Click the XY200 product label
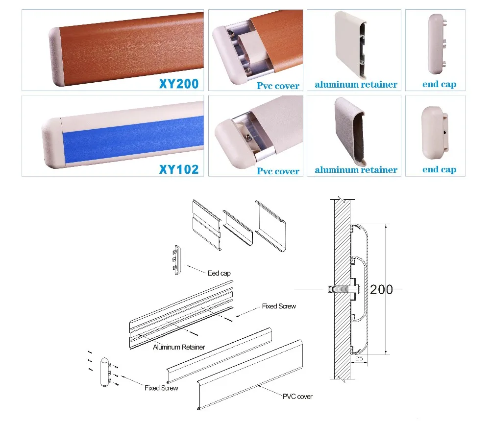179,84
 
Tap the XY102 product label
179,169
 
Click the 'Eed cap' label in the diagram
219,274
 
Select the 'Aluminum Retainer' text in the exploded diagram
179,347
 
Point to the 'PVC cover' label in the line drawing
297,397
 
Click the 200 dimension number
381,290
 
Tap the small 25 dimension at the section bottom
359,359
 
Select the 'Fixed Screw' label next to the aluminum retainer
279,306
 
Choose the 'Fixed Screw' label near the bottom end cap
161,388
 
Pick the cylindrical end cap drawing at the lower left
105,372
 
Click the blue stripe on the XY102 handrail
133,138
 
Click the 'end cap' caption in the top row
439,84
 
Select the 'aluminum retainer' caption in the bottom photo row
356,170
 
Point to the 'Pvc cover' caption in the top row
278,86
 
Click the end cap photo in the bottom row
435,133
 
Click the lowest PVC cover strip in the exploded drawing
250,375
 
